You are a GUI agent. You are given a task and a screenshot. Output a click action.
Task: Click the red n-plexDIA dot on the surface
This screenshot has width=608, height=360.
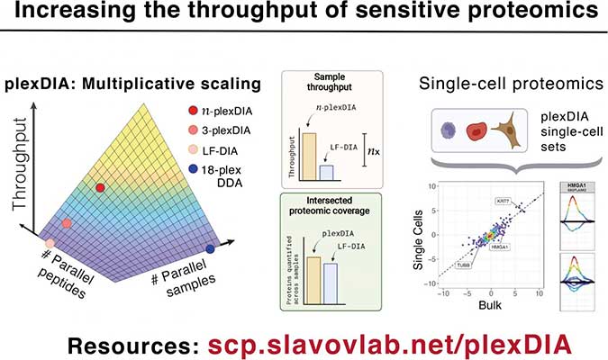click(x=101, y=186)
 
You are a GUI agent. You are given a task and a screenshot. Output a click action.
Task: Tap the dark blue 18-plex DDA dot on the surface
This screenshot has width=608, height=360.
click(x=210, y=247)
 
